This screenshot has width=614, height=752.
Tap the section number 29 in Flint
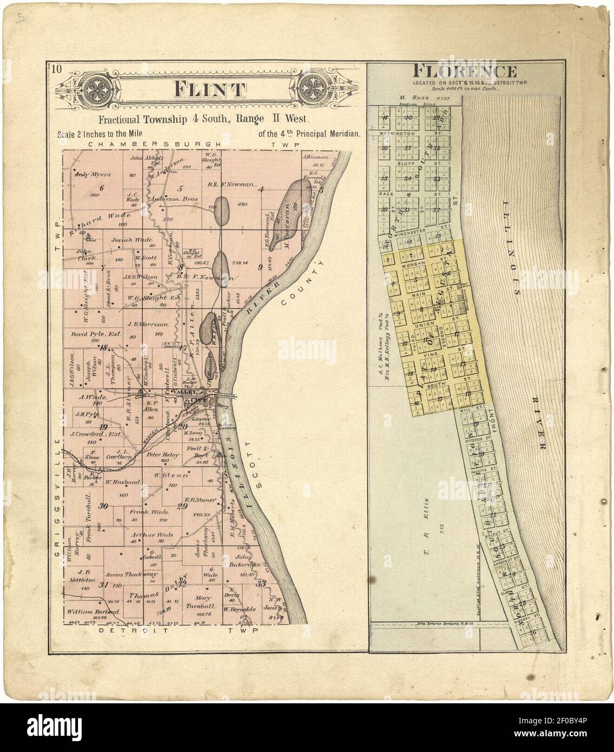(x=182, y=506)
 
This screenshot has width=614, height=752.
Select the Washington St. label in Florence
(x=398, y=133)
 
